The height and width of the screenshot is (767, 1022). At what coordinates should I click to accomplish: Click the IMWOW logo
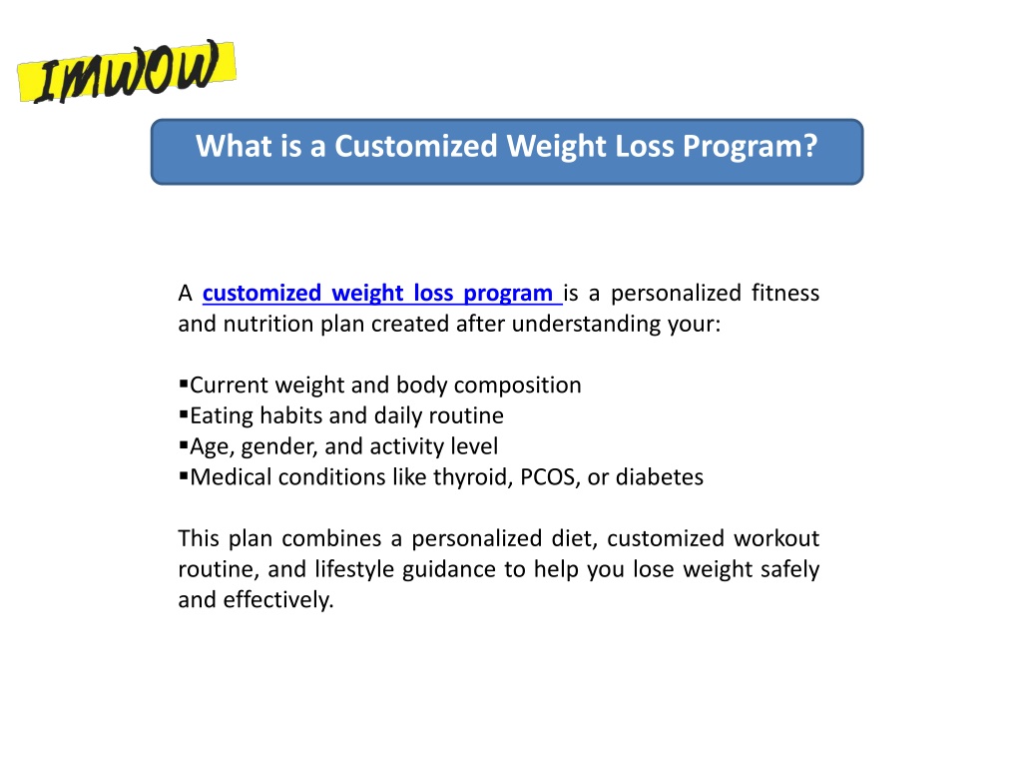tap(127, 71)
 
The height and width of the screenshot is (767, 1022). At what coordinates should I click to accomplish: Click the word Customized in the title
tap(416, 146)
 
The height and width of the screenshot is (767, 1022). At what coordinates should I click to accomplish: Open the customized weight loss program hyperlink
tap(382, 293)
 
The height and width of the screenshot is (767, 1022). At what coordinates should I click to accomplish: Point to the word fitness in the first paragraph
tap(785, 293)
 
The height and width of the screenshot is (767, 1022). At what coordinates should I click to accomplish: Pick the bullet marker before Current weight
tap(184, 383)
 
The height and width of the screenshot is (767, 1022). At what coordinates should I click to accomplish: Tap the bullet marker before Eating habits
tap(184, 414)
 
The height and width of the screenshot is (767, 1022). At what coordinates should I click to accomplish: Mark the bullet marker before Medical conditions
tap(184, 475)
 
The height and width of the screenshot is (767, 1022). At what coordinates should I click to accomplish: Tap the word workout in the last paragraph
tap(776, 538)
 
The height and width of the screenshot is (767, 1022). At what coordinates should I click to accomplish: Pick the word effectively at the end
tap(278, 600)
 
